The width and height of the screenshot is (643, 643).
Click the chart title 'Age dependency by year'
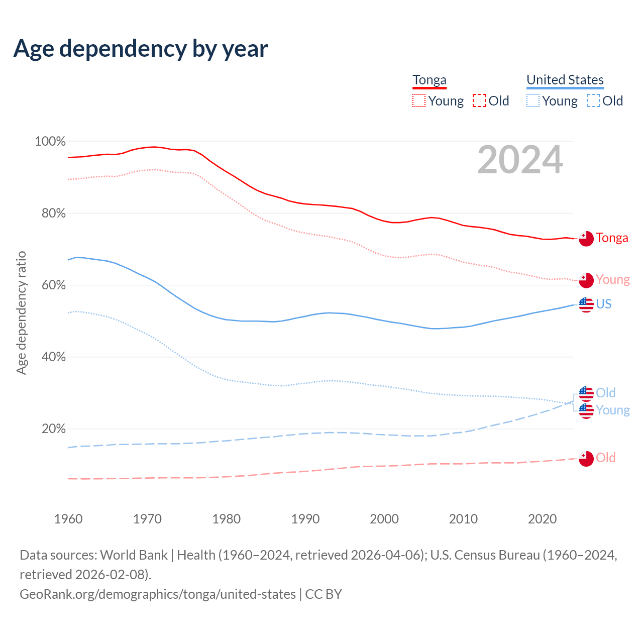pos(141,49)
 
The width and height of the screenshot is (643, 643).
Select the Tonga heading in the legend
pos(430,80)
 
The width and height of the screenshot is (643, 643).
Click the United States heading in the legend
pos(565,80)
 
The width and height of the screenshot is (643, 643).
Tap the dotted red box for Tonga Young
pos(418,101)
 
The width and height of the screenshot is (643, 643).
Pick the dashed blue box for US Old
pos(593,101)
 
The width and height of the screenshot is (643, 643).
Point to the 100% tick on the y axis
pos(50,142)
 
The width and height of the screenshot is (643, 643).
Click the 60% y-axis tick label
pos(53,285)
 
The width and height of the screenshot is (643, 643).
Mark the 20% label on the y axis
pos(53,429)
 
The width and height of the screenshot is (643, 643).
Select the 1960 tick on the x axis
pos(68,519)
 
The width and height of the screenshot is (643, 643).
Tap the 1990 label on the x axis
pos(305,519)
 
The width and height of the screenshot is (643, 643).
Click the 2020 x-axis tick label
pos(542,519)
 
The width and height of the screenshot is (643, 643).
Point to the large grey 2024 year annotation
pos(520,160)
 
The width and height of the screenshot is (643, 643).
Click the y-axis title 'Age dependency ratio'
pos(21,312)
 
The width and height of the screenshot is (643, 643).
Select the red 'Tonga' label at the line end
pos(612,238)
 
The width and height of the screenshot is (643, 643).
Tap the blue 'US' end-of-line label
pos(603,304)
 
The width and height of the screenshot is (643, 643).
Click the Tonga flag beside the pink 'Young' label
pos(586,280)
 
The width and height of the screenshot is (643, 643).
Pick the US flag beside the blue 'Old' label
pos(586,393)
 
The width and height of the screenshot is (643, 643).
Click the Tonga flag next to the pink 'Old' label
pos(586,458)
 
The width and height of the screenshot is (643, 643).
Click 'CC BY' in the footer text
pos(324,594)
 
